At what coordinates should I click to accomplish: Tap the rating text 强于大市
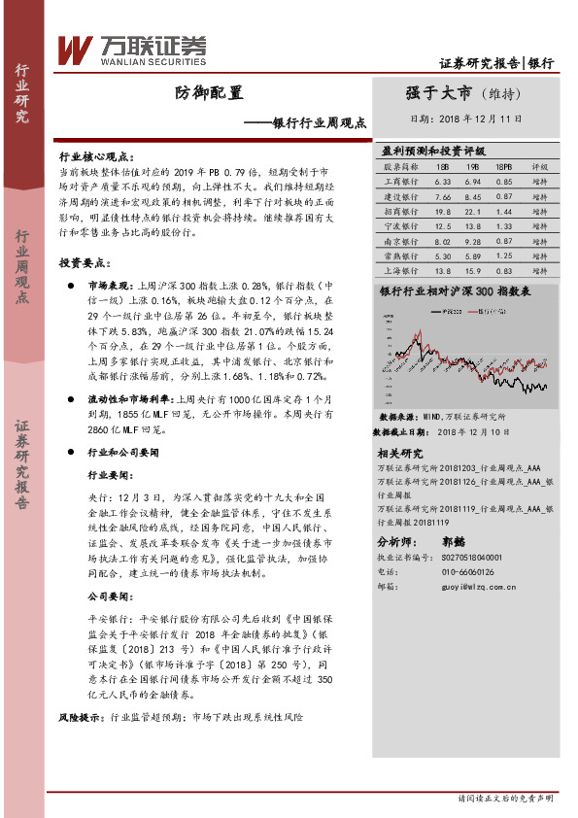438,93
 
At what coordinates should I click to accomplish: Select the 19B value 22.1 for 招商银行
474,210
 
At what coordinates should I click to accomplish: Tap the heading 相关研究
399,453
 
